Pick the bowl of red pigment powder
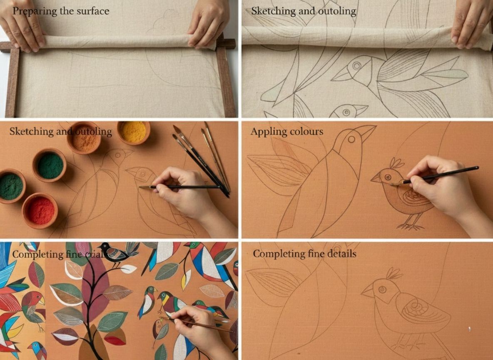tap(40, 210)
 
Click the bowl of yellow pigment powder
tap(133, 132)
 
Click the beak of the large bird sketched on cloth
tap(342, 75)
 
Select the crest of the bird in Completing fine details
tap(393, 274)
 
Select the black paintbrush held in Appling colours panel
tap(441, 175)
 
